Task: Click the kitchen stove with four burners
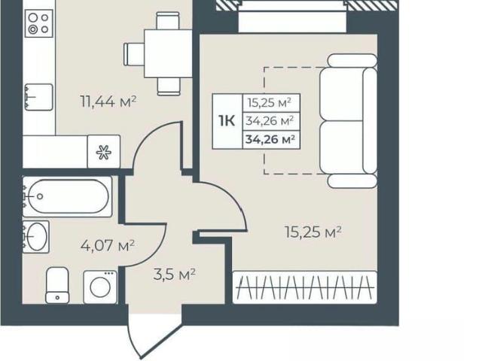point(39,23)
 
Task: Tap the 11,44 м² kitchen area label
point(108,102)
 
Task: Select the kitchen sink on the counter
point(38,97)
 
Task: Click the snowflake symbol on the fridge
point(104,152)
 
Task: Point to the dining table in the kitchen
point(168,53)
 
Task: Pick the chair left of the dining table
point(134,54)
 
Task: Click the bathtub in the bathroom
point(67,197)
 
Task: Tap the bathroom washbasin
point(36,237)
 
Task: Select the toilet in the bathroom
point(57,285)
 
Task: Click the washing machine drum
point(100,289)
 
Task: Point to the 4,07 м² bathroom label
point(108,246)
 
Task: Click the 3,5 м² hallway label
point(174,274)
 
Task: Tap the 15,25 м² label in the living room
point(313,232)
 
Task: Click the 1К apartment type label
point(227,121)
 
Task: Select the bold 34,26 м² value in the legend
point(270,140)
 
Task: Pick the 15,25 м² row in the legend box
point(270,102)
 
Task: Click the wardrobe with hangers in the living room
point(304,287)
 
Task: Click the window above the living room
point(292,16)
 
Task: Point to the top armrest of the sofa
point(352,60)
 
